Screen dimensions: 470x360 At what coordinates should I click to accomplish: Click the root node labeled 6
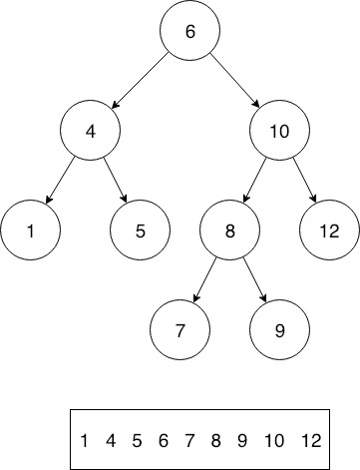(189, 31)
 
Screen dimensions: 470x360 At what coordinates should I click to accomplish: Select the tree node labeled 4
(90, 131)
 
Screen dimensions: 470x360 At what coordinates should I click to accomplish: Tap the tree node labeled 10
(280, 131)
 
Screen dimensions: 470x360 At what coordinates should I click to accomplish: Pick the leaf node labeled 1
(31, 231)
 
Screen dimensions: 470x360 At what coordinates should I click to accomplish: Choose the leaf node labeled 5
(141, 231)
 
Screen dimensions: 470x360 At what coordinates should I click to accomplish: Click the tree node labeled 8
(229, 231)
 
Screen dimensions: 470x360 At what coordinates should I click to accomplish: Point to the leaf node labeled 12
(329, 231)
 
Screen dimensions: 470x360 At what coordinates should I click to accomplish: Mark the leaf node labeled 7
(180, 328)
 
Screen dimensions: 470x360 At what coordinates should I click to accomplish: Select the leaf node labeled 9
(279, 328)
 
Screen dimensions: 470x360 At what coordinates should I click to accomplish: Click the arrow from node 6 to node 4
(140, 80)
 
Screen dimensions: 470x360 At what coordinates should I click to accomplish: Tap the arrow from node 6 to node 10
(235, 79)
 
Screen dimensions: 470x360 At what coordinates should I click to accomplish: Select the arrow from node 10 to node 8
(255, 181)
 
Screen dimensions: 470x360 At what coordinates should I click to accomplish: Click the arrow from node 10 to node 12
(305, 181)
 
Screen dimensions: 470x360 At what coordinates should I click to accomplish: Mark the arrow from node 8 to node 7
(205, 279)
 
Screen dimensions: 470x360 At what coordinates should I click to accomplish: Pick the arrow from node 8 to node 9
(254, 279)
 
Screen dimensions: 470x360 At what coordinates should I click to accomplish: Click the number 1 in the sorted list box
(85, 440)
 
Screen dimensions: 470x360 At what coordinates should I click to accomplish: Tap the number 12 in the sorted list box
(311, 440)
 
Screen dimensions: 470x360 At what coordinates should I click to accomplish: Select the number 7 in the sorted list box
(187, 440)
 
